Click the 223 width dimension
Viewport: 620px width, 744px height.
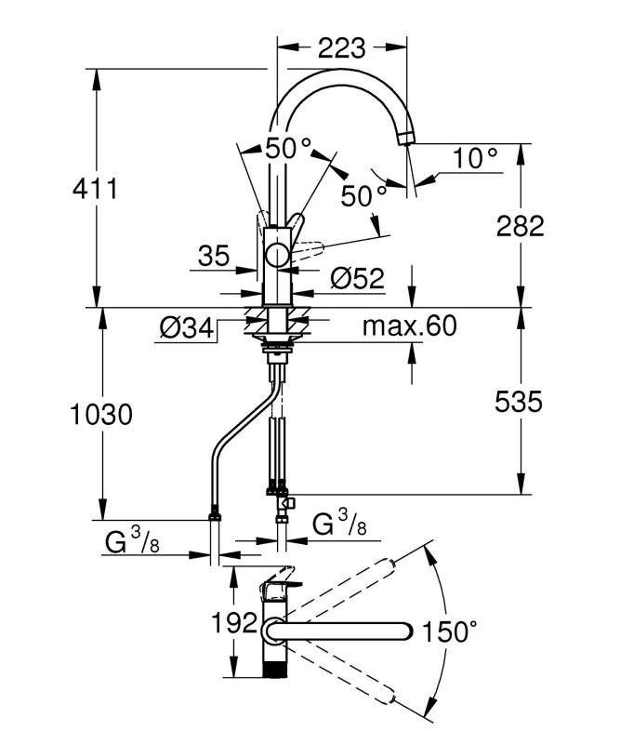(343, 46)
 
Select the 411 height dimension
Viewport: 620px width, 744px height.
(96, 189)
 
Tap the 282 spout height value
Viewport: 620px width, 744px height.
(520, 225)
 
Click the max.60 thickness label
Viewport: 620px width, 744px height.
(410, 326)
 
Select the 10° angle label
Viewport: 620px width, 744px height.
(476, 159)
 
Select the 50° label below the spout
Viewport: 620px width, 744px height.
(363, 195)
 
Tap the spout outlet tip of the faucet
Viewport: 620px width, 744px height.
(405, 139)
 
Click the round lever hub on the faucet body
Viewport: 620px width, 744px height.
(277, 257)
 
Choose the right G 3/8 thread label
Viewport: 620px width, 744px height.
(336, 525)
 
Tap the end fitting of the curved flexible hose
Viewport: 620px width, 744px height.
(217, 512)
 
